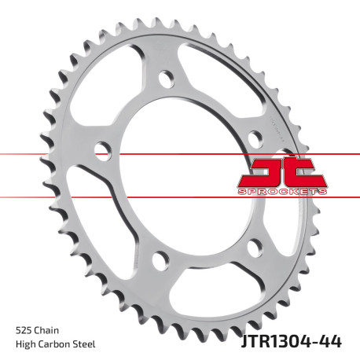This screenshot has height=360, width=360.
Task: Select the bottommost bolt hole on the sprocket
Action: [159, 259]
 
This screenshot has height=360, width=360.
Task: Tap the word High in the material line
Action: [26, 343]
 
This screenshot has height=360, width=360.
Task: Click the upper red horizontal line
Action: [47, 152]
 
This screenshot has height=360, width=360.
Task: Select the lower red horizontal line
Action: [47, 197]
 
